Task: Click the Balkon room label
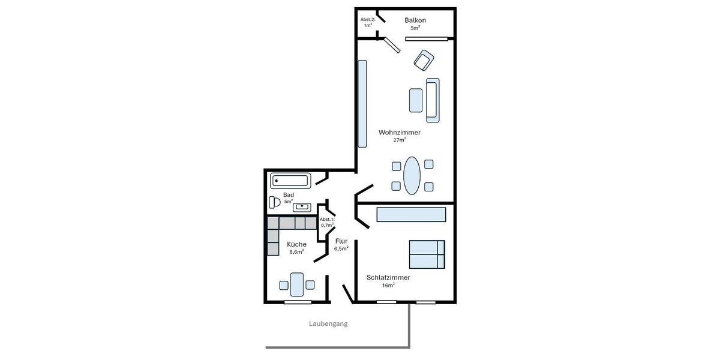(415, 20)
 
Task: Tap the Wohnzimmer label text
(400, 133)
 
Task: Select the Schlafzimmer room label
(388, 278)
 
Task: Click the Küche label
(296, 244)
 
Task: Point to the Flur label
(341, 241)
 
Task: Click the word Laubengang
(328, 324)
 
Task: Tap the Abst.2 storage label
(368, 20)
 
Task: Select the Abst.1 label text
(327, 220)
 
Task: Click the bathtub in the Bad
(290, 181)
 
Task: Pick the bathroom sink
(302, 208)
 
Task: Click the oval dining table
(412, 175)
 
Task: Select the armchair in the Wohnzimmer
(424, 60)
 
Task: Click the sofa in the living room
(433, 98)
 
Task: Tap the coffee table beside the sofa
(416, 100)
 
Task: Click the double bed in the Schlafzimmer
(427, 254)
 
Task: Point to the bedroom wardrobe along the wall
(411, 215)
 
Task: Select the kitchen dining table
(297, 284)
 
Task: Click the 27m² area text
(400, 140)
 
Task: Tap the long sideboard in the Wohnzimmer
(362, 103)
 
